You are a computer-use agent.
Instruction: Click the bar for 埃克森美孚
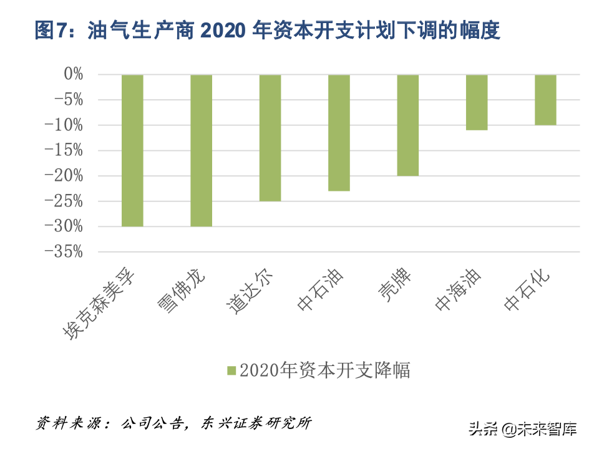point(132,150)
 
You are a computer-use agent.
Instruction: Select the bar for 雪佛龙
point(201,150)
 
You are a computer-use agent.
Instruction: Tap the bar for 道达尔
point(270,138)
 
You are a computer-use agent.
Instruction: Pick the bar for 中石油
point(339,133)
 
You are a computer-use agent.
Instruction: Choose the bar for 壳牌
point(408,125)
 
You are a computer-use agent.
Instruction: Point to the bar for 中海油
point(477,102)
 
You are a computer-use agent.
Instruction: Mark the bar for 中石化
point(545,100)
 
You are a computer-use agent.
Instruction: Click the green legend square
point(231,370)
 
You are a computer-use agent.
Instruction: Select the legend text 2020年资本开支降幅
point(325,370)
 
